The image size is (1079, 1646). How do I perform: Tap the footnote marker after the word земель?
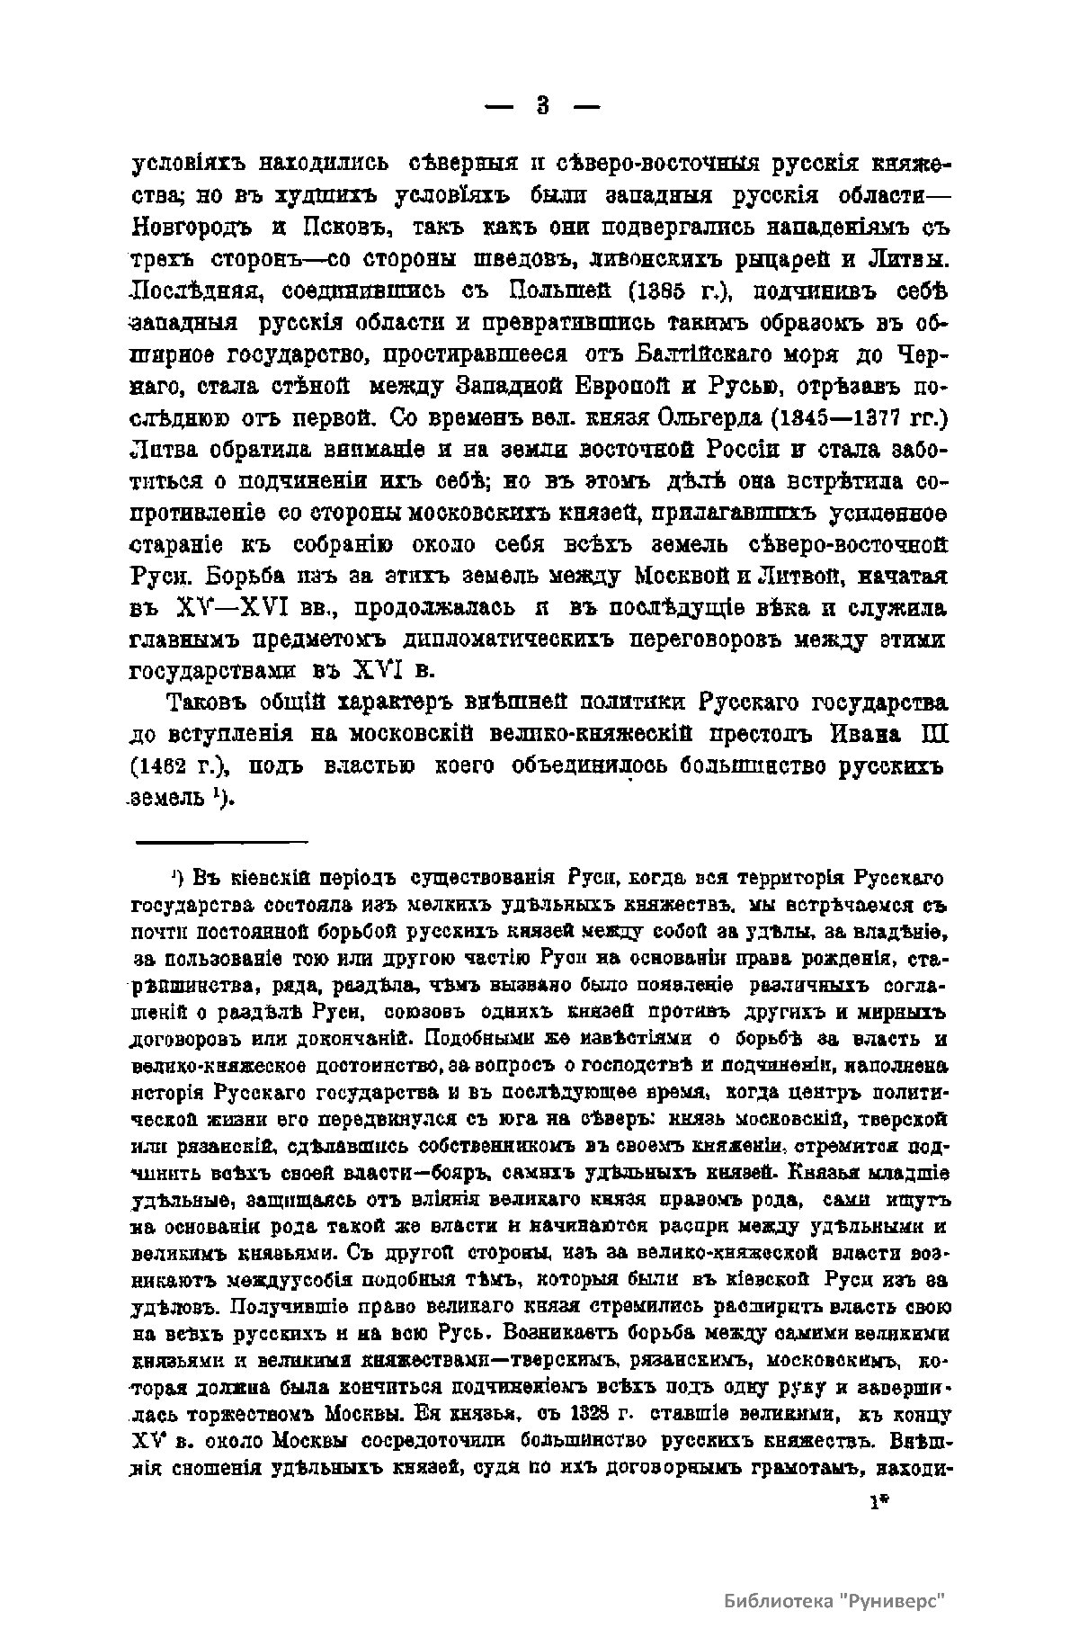coord(219,794)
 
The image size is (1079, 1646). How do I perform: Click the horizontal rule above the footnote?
coord(221,842)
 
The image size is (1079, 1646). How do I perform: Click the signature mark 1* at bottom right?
coord(877,1502)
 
